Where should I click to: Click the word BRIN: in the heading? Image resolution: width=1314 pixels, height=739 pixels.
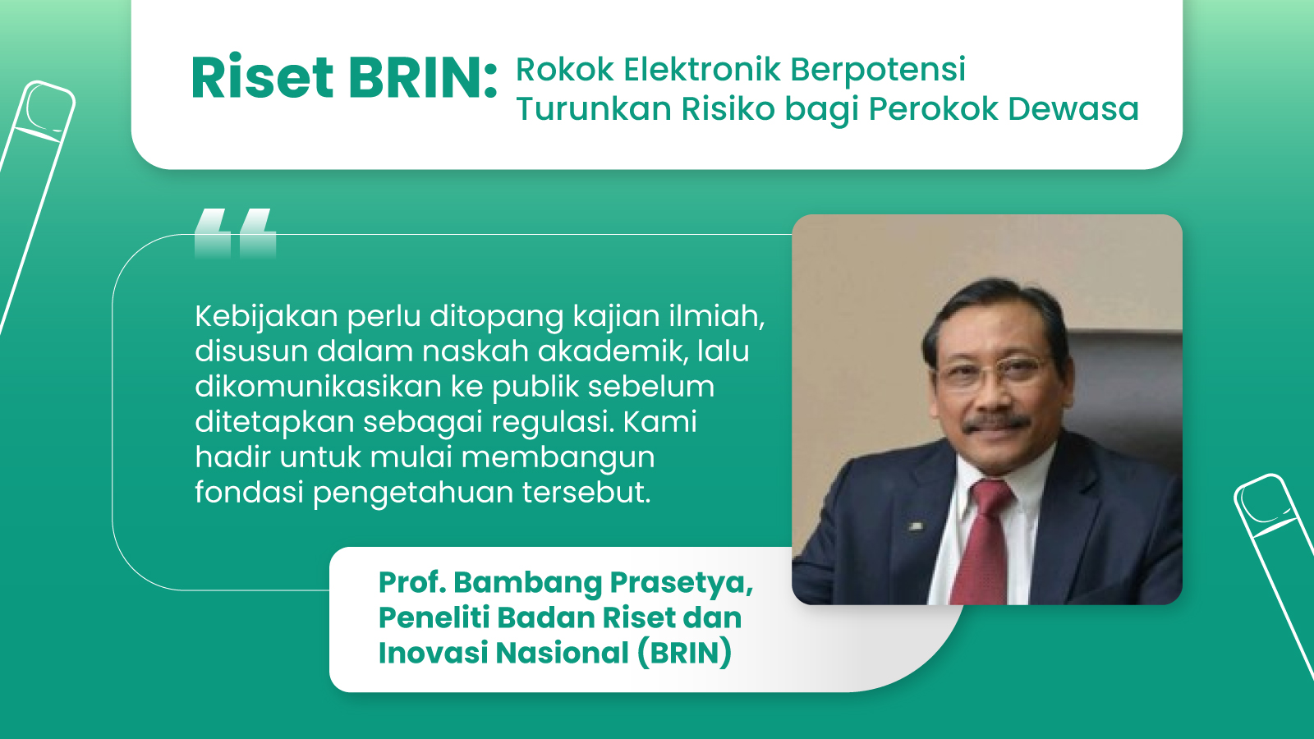click(422, 79)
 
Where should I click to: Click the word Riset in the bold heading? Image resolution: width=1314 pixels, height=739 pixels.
click(262, 79)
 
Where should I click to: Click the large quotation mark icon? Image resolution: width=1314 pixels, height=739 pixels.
click(235, 232)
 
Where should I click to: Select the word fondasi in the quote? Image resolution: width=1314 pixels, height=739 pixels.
click(249, 493)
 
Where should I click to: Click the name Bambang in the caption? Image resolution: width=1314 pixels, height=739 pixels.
click(528, 582)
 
